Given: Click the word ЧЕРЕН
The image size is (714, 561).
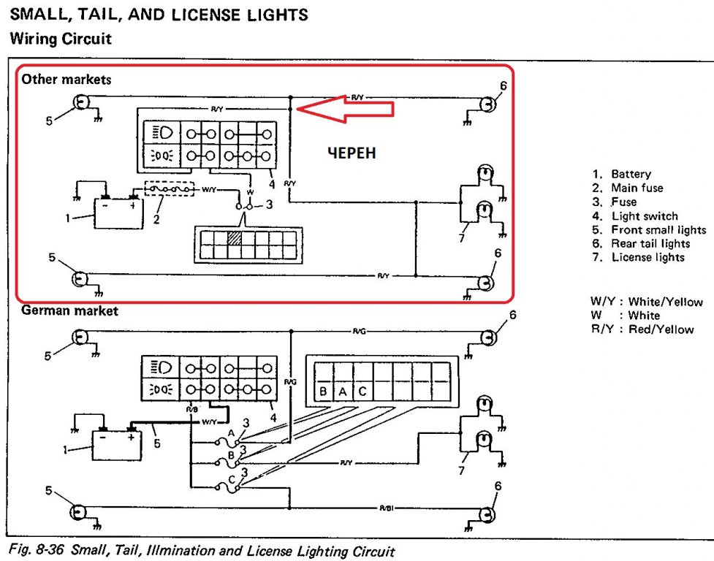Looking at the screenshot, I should pos(352,153).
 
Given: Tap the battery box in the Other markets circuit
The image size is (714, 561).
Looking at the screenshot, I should pos(118,215).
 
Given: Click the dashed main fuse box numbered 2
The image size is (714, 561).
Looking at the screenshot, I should pos(169,188).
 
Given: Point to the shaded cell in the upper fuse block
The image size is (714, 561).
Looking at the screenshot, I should pos(234,237).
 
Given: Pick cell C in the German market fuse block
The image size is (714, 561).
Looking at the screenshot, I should pos(361,392).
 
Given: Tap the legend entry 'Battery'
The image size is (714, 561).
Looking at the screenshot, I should pos(630,174).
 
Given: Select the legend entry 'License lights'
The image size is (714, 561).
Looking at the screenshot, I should pos(647,257).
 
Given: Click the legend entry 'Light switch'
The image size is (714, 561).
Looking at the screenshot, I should pos(644,216).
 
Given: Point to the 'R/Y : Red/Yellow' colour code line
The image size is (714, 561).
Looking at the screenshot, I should pos(642,329).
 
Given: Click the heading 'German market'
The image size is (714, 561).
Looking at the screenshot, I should pos(69,310).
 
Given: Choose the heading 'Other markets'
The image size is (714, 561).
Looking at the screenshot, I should pos(66,79).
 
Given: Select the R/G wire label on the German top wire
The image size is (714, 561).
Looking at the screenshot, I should pos(359,332).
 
